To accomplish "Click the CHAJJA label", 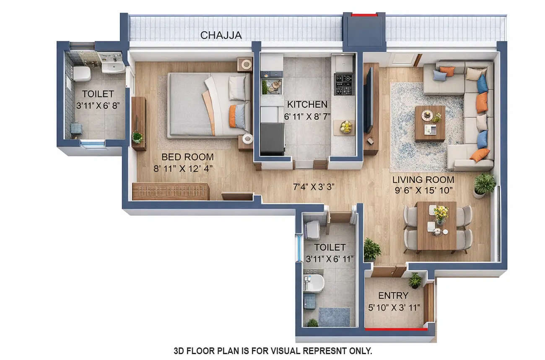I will (221, 35).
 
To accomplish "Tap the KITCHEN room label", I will (307, 104).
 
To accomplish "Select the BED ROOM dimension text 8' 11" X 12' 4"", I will (187, 169).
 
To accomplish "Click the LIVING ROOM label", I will (423, 180).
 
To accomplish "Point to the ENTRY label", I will (393, 296).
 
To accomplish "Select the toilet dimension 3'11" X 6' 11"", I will (330, 259).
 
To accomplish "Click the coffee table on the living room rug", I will (430, 123).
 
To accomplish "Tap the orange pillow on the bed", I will (233, 116).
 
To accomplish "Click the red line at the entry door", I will (396, 329).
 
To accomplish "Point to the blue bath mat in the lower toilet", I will (334, 317).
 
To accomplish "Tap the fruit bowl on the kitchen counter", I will (346, 126).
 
